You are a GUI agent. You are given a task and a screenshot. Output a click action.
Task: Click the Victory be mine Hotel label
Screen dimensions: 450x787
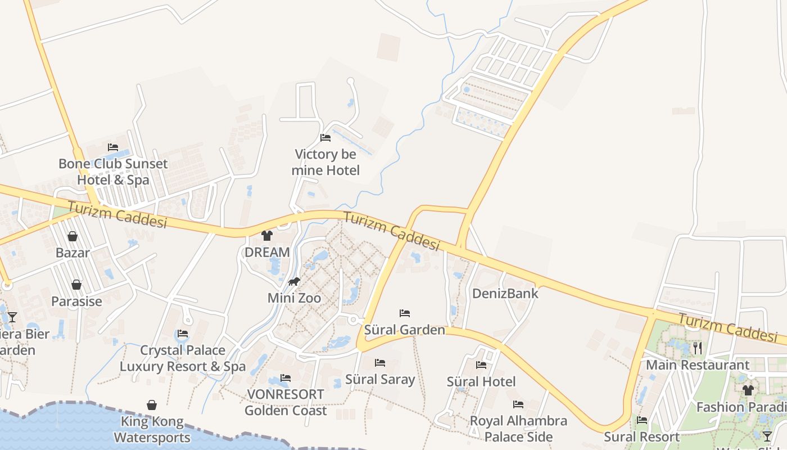[325, 162]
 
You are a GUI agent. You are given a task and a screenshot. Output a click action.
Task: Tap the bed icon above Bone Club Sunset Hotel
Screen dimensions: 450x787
[113, 147]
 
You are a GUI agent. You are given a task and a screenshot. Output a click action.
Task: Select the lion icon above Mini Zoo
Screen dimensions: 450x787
[294, 282]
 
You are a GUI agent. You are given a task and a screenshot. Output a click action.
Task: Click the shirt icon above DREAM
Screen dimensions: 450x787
[267, 236]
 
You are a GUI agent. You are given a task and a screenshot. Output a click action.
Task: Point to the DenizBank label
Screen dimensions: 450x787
[505, 293]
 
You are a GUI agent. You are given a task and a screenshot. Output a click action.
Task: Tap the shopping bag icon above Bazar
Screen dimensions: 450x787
[73, 236]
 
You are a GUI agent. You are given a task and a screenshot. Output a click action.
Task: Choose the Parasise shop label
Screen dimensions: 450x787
[76, 301]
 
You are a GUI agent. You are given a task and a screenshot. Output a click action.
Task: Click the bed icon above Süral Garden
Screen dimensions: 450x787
[405, 313]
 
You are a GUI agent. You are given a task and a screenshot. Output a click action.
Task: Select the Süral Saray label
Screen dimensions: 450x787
[380, 379]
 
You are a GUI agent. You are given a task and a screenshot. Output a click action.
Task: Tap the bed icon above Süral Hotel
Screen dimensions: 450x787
[481, 365]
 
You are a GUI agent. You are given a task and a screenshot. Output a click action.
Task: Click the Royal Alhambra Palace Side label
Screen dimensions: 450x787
[518, 429]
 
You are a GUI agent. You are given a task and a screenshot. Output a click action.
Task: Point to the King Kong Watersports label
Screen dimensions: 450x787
[152, 429]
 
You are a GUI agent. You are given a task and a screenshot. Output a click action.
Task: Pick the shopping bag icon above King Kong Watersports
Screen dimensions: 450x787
[152, 405]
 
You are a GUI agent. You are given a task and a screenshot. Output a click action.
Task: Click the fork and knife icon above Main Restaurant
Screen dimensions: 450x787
[698, 348]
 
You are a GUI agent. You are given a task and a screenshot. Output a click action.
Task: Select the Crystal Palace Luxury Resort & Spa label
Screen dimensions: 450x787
[183, 358]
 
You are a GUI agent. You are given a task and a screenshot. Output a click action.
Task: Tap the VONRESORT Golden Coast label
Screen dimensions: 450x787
[286, 402]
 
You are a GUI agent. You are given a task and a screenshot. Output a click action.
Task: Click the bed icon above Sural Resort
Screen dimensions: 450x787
[642, 420]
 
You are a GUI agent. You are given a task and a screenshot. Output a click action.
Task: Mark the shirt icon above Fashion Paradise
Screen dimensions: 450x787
[748, 390]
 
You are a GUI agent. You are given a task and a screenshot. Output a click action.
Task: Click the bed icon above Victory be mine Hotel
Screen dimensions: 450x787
[325, 138]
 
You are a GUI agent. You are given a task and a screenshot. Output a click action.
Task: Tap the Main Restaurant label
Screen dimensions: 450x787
[698, 365]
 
